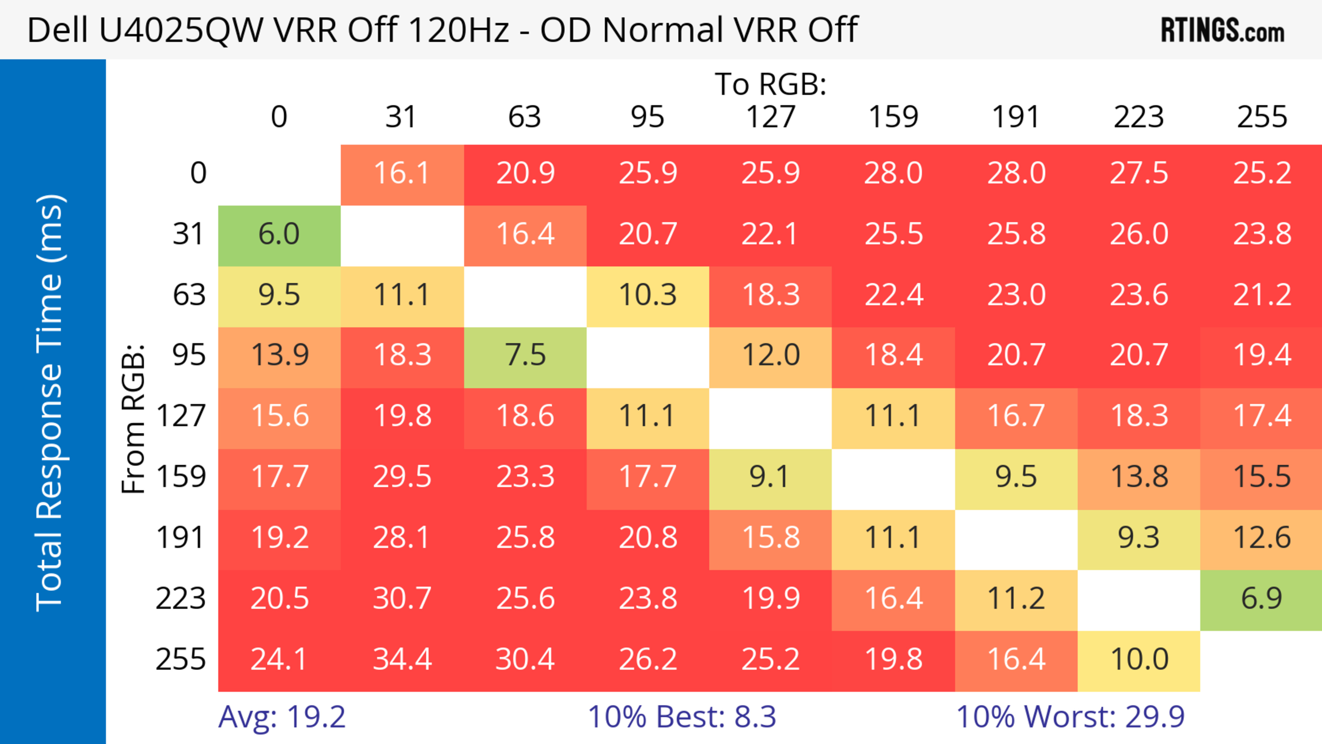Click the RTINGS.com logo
pos(1223,30)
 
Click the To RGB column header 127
pos(770,117)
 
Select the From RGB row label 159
pos(181,477)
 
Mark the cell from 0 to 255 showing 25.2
pos(1261,174)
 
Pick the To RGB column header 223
pos(1139,117)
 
